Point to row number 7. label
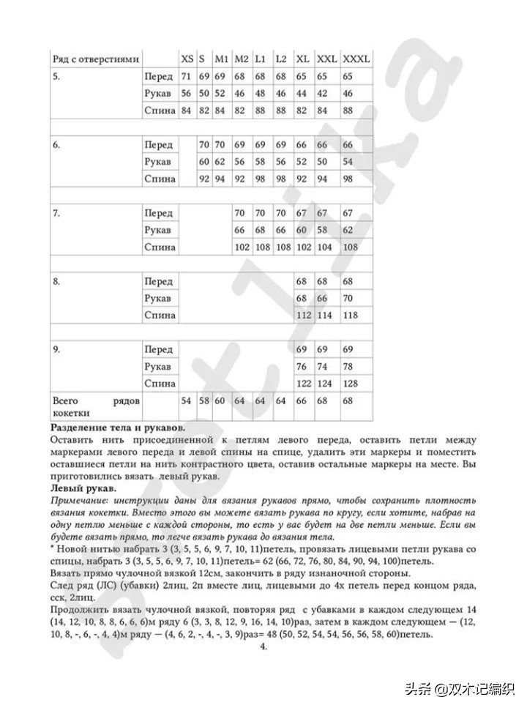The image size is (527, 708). click(56, 213)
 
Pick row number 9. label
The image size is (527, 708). click(56, 350)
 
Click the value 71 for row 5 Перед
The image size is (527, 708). click(186, 76)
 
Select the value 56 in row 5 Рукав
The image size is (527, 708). click(186, 94)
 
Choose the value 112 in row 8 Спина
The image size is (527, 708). click(303, 316)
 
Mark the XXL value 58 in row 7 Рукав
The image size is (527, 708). click(322, 231)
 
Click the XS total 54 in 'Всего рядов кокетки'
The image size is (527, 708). click(186, 401)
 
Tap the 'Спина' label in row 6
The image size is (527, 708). click(160, 179)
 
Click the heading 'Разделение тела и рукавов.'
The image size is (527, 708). click(118, 427)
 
